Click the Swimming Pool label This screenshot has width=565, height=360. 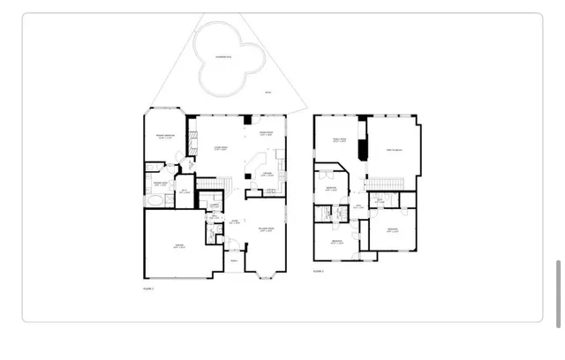224,56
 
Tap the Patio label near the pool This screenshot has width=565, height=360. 268,94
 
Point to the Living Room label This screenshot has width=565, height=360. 222,149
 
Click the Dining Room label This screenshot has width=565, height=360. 266,134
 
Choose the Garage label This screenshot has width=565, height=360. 178,246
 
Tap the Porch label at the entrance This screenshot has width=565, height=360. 234,260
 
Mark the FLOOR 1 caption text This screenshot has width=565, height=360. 148,289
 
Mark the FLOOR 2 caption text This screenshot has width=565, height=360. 318,271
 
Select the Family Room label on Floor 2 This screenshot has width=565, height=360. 339,139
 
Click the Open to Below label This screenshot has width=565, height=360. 395,151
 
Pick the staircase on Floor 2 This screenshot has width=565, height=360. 387,183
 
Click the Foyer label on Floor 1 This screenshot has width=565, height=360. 235,222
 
